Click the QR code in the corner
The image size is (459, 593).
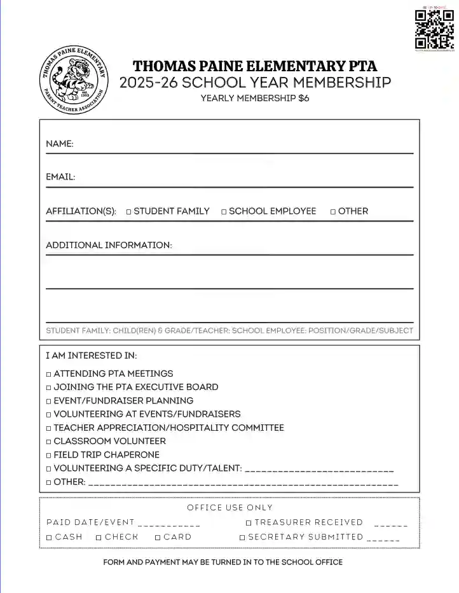point(435,30)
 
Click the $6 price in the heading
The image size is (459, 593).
point(304,99)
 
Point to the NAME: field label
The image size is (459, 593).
point(60,144)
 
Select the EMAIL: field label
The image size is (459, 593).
point(60,178)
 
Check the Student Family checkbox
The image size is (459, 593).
point(128,212)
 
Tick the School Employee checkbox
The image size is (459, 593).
point(224,212)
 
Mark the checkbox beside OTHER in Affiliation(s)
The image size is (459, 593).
point(333,212)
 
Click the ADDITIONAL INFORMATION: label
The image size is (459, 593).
point(109,245)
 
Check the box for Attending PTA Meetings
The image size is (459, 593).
point(48,374)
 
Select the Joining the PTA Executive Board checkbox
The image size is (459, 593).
point(48,387)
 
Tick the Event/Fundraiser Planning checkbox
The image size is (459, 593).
point(48,401)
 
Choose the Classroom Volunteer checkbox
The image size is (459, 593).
point(48,442)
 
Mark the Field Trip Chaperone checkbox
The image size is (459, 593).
point(48,456)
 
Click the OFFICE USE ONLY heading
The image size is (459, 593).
point(229,508)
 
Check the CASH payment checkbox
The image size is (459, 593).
point(49,538)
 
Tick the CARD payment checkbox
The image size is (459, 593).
point(158,538)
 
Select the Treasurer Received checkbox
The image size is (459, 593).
point(249,523)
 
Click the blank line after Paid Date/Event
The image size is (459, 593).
point(168,524)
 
